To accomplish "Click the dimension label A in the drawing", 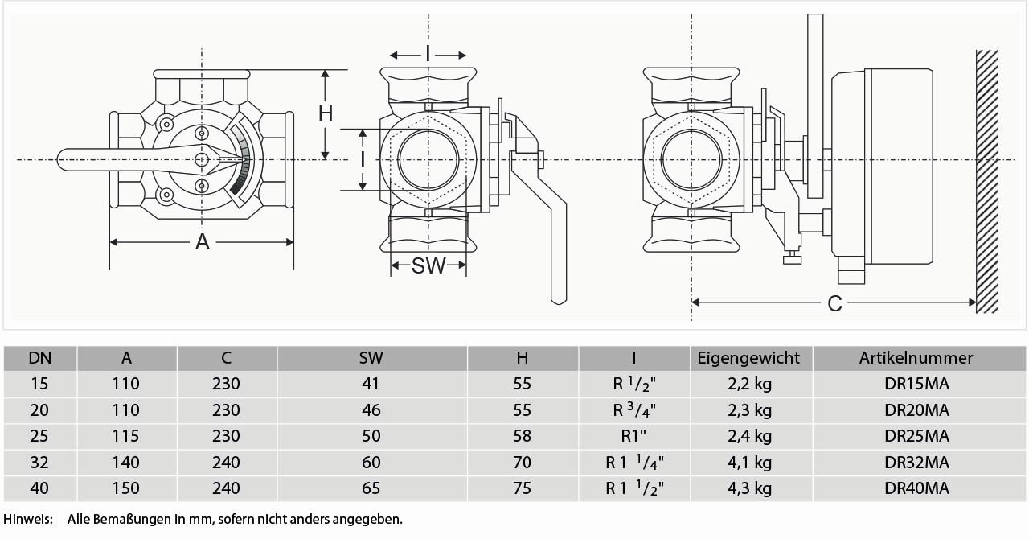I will (202, 241).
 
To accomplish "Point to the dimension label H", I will (325, 113).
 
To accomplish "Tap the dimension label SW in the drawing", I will (428, 266).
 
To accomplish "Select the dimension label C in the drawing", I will (835, 303).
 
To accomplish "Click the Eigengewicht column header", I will (749, 358).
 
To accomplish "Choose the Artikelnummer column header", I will (916, 358).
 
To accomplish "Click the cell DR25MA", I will (916, 436).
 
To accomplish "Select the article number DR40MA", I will (916, 488).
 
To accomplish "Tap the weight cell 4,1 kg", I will (749, 463).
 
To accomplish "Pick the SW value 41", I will (371, 384).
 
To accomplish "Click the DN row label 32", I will (39, 463).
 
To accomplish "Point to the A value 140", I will (126, 463).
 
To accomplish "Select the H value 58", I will (522, 436).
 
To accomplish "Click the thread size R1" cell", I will (634, 436).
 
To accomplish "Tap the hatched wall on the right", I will (986, 181).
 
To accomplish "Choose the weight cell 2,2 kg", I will (749, 384).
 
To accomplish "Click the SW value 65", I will (371, 488).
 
